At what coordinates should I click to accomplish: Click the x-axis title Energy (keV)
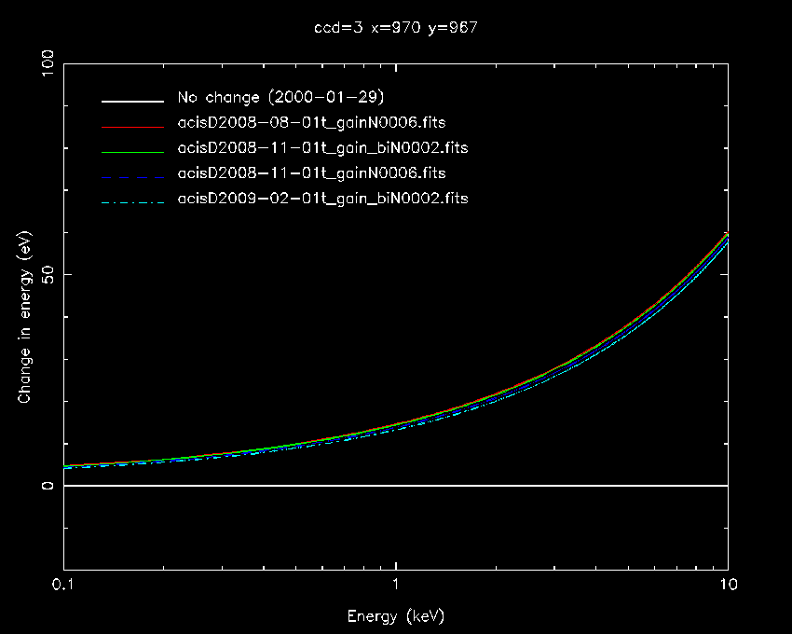pyautogui.click(x=395, y=616)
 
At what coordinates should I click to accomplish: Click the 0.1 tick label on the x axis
pyautogui.click(x=63, y=588)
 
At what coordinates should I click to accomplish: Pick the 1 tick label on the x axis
pyautogui.click(x=396, y=588)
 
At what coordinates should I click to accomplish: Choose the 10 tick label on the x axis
pyautogui.click(x=727, y=588)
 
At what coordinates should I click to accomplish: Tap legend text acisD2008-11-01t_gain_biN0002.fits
pyautogui.click(x=322, y=148)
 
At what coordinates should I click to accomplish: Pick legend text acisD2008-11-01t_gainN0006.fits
pyautogui.click(x=311, y=173)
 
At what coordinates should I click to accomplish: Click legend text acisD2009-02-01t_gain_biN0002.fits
pyautogui.click(x=322, y=199)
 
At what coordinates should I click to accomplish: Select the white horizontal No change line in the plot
pyautogui.click(x=395, y=486)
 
